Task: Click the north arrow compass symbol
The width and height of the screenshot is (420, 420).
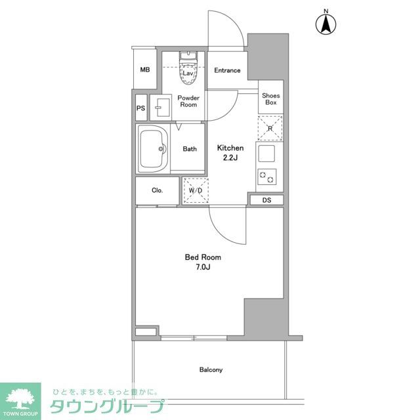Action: (x=324, y=24)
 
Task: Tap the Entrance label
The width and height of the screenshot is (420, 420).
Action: (x=227, y=71)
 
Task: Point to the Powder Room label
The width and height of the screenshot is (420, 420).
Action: (x=188, y=101)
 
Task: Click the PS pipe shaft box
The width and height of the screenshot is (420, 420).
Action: (x=141, y=108)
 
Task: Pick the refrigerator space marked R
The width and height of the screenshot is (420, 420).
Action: (x=270, y=129)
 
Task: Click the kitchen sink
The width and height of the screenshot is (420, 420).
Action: (x=266, y=154)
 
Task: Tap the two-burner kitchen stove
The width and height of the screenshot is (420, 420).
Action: (x=266, y=177)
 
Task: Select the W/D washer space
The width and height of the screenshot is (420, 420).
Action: (x=195, y=190)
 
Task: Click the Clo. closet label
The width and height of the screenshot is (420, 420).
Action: (x=157, y=191)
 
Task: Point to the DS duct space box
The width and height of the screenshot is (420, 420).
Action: (x=266, y=200)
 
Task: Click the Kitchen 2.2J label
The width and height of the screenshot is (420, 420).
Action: (x=230, y=153)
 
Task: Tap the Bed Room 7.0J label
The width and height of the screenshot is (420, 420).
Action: (x=198, y=262)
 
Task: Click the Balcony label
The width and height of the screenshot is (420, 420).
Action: (x=211, y=370)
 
